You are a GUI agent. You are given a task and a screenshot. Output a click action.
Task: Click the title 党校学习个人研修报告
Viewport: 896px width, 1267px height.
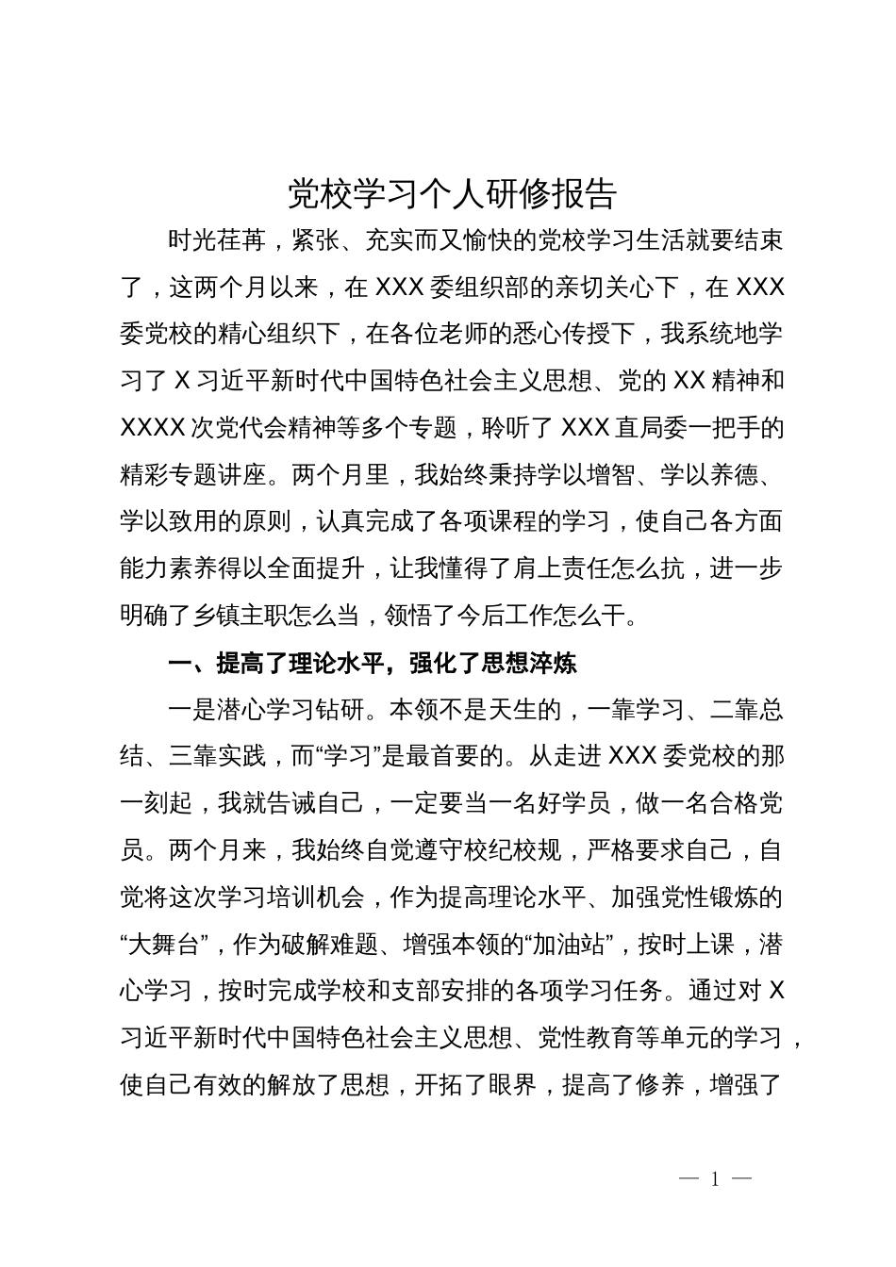point(452,193)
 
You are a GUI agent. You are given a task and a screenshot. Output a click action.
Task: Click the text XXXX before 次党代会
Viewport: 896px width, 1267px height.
point(152,429)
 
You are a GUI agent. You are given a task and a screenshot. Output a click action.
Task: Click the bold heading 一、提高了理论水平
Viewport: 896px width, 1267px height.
point(274,664)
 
